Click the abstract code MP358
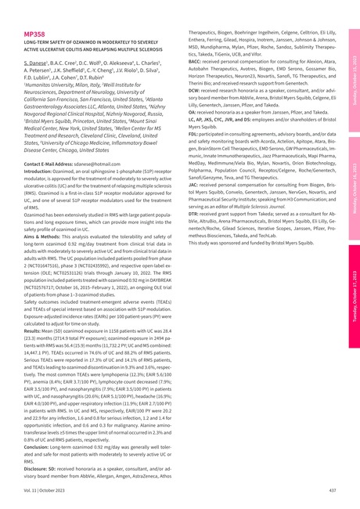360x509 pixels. tap(34, 34)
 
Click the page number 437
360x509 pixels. tap(332, 490)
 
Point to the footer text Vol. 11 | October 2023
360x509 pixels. tap(44, 490)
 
